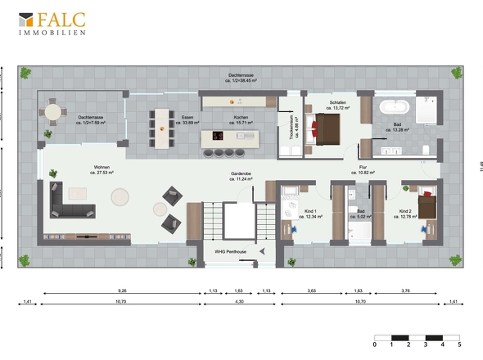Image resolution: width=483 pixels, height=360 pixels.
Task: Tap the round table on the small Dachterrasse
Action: coord(53,112)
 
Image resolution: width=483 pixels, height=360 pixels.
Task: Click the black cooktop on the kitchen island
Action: coord(219,136)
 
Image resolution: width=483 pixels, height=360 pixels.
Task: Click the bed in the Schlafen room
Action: coord(327,128)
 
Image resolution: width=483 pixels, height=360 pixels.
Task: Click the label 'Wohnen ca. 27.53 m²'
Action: coord(102,171)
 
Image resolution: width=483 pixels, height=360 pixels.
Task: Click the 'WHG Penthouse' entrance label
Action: coord(230,251)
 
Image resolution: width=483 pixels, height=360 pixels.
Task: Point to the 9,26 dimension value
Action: coord(122,290)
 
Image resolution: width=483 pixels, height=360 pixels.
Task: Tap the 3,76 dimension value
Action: coord(406,290)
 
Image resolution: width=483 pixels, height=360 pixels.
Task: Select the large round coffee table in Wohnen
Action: coord(121,197)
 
